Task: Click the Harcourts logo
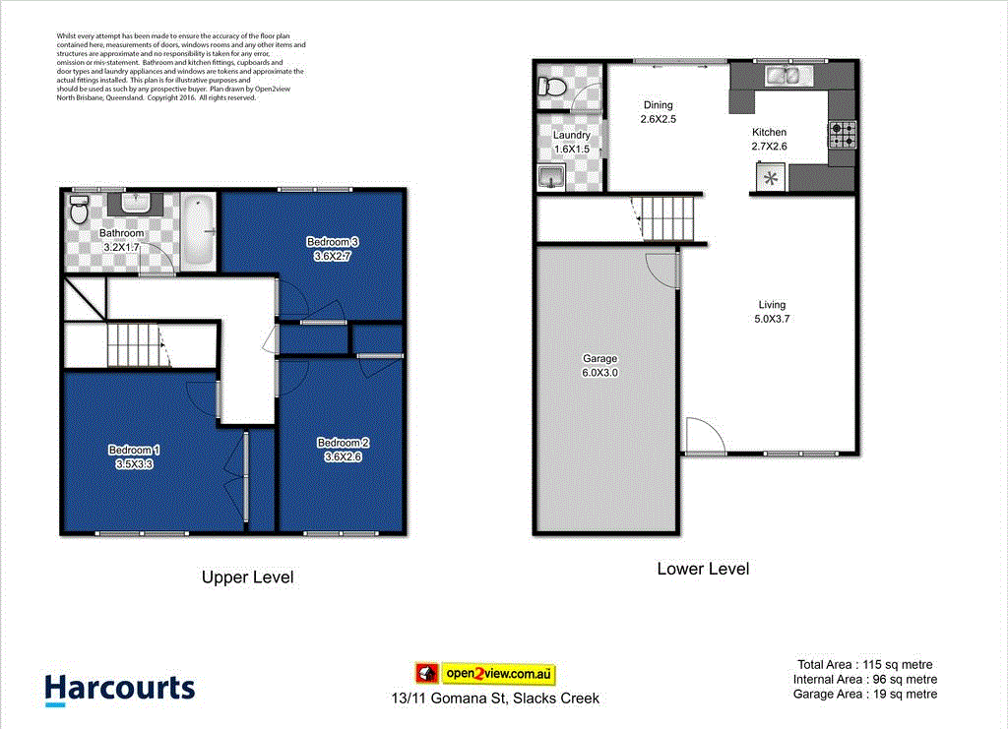pos(120,689)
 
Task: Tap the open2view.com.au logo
pos(485,674)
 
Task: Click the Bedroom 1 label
pos(134,456)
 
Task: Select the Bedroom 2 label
pos(343,450)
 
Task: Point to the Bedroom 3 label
pos(332,249)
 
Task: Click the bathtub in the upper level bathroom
pos(199,229)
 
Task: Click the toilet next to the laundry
pos(551,88)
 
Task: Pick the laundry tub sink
pos(549,177)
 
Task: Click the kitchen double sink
pos(785,75)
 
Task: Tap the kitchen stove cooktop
pos(843,135)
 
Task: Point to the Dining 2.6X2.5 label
pos(659,112)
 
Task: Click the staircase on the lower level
pos(667,216)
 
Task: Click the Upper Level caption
pos(247,577)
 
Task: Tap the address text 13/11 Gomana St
pos(493,699)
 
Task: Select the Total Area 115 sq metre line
pos(863,665)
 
